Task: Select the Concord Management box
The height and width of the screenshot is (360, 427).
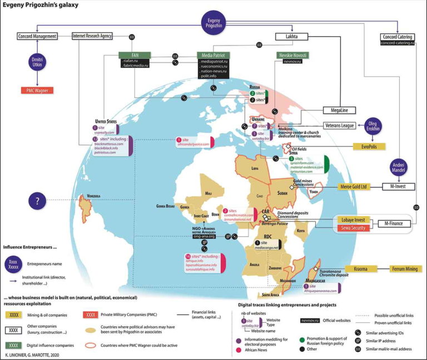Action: pos(37,36)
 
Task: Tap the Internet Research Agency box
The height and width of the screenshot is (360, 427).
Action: pos(92,36)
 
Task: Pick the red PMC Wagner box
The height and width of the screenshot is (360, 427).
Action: pos(37,89)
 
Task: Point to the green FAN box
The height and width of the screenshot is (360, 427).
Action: pos(127,56)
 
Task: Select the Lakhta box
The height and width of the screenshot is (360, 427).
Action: pos(292,37)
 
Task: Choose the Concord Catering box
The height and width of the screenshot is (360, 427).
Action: pos(398,37)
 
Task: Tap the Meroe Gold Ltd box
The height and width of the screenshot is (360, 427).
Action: pos(354,187)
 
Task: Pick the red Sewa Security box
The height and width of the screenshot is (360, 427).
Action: pos(354,228)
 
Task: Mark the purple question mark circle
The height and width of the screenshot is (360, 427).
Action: pos(37,201)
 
